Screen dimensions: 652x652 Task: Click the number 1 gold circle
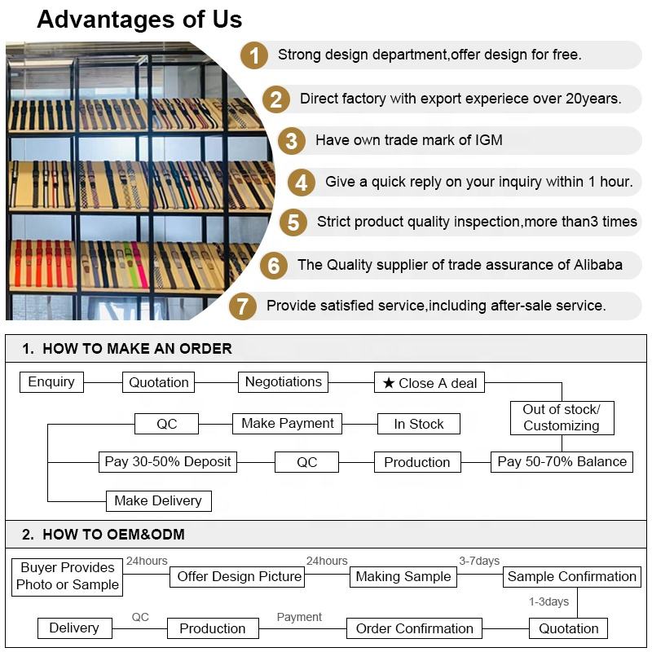click(x=254, y=56)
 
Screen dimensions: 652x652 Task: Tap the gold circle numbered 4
click(x=301, y=183)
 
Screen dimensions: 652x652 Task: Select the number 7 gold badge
click(x=242, y=306)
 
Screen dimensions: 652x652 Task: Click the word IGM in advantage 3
click(x=487, y=140)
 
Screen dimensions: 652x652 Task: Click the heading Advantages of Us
click(x=139, y=20)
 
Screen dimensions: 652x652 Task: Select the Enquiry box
click(x=51, y=382)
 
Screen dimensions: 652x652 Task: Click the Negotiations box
click(x=284, y=382)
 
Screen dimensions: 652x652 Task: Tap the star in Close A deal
click(x=389, y=383)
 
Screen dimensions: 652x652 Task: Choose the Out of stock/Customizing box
click(x=562, y=417)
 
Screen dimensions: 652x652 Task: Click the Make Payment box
click(x=288, y=424)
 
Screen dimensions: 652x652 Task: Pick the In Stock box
click(x=419, y=424)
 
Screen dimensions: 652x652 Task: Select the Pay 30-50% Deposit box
click(x=168, y=462)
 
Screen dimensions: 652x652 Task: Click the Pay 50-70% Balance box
click(x=562, y=462)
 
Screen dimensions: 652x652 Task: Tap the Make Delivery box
click(x=159, y=500)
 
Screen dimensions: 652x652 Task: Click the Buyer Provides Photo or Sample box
click(x=68, y=576)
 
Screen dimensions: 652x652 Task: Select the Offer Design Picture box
click(x=240, y=577)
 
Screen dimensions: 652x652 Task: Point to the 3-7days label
click(x=479, y=561)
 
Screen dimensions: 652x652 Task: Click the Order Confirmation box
click(x=414, y=628)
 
